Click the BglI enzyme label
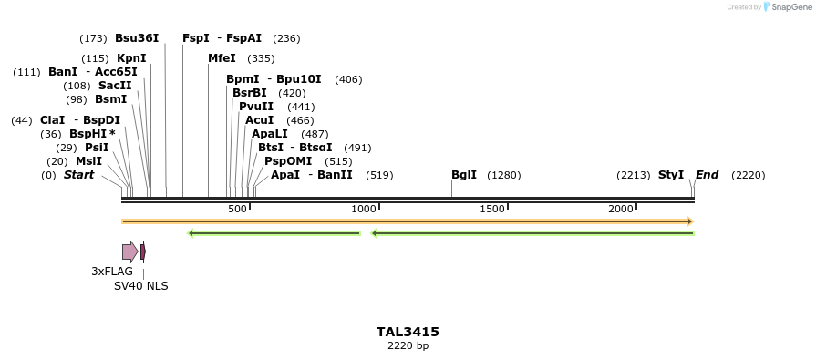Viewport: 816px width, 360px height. tap(463, 175)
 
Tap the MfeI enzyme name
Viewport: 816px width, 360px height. tap(222, 58)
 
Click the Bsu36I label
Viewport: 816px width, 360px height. tap(137, 38)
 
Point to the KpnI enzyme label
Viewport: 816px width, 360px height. tap(131, 58)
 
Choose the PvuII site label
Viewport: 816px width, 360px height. tap(255, 107)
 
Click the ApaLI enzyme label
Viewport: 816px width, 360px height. tap(269, 134)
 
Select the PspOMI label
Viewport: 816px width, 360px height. tap(287, 161)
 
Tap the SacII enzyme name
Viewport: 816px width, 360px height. tap(115, 86)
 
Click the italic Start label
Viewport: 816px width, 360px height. tap(78, 175)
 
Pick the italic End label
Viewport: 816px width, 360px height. tap(707, 175)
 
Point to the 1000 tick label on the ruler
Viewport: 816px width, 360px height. tap(364, 210)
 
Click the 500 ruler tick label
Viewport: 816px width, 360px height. tap(237, 210)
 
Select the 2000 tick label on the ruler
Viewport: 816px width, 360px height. tap(621, 210)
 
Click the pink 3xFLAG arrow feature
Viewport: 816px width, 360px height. tap(129, 252)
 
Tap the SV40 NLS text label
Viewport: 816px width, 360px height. tap(140, 286)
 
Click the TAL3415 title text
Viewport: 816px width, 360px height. tap(408, 333)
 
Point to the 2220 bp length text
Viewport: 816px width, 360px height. tap(408, 346)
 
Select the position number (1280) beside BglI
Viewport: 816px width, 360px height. tap(503, 175)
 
